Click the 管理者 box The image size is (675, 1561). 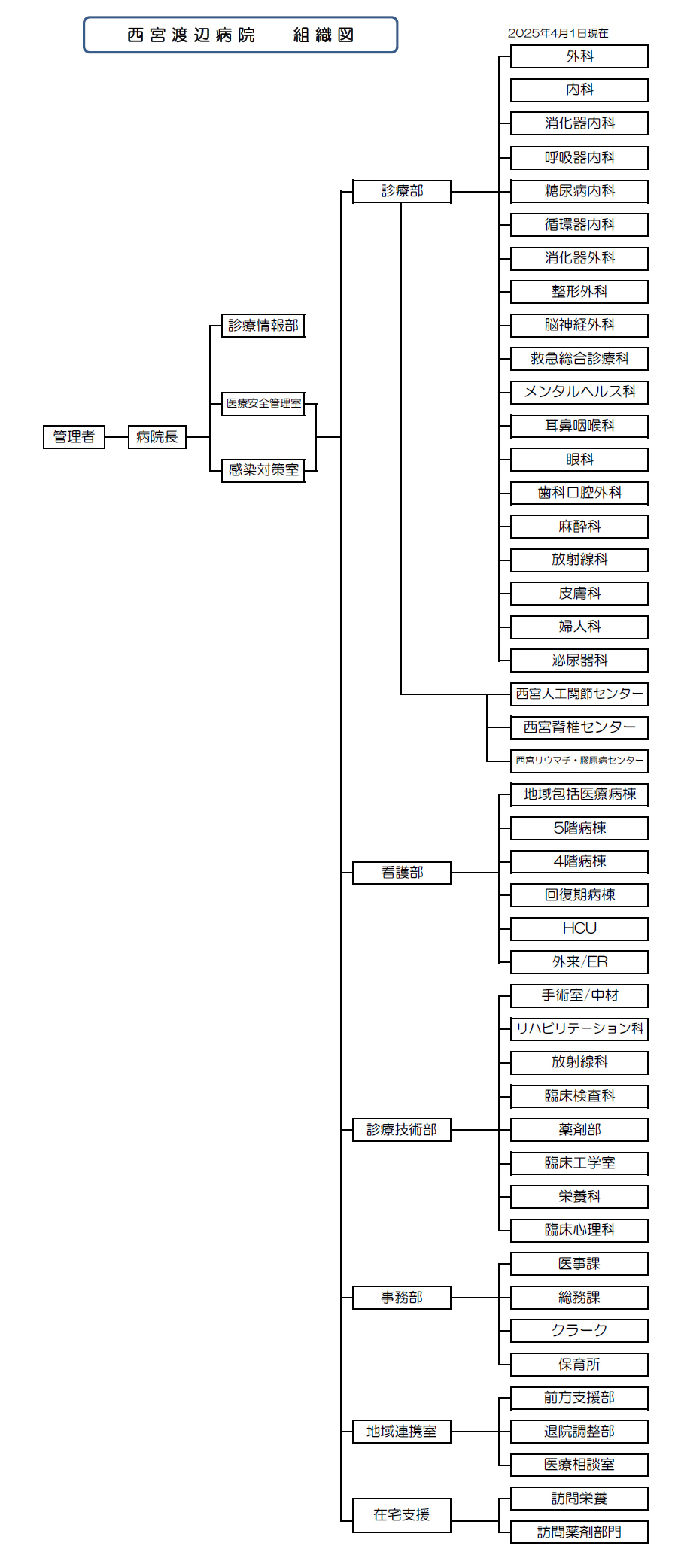tap(74, 437)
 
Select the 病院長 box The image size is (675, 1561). tap(157, 437)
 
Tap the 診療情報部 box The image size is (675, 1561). tap(263, 326)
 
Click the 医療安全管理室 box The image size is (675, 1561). tap(263, 404)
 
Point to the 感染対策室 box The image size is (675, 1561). tap(263, 470)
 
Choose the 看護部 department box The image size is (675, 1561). tap(402, 873)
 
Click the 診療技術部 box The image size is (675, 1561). tap(402, 1130)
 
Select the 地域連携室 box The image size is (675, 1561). tap(402, 1432)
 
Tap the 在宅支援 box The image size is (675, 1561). tap(402, 1515)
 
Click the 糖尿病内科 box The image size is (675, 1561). tap(579, 191)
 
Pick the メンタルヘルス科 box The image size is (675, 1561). tap(579, 392)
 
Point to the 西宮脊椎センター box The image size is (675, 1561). tap(579, 727)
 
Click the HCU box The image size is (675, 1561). tap(579, 928)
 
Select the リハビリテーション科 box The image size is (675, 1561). tap(579, 1029)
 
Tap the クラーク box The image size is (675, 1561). tap(579, 1331)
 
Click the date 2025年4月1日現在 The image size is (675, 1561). tap(558, 33)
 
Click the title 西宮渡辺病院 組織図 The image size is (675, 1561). tap(241, 35)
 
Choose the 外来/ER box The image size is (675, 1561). tap(579, 962)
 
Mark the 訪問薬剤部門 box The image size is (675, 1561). tap(579, 1532)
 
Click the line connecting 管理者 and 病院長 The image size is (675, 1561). tap(117, 437)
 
